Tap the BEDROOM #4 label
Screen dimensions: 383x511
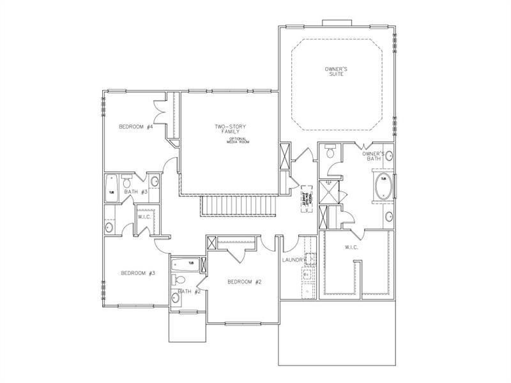point(135,126)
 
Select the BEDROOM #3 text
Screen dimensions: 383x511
point(138,273)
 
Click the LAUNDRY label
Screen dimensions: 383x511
point(295,260)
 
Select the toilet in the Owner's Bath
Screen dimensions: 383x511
point(330,152)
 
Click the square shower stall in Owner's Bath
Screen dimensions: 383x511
point(330,190)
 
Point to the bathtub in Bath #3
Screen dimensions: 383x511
point(111,188)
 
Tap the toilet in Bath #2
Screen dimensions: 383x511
point(180,279)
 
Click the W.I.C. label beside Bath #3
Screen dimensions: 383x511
point(144,217)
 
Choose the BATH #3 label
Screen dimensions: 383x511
point(136,191)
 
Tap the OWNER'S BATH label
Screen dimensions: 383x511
point(373,156)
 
